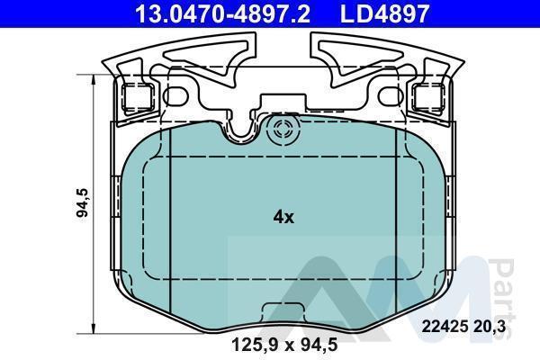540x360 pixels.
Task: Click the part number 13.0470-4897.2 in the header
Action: [x=223, y=13]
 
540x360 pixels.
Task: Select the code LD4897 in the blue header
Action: [x=384, y=13]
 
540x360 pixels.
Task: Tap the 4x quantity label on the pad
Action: [x=283, y=217]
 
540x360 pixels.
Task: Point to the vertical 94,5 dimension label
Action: [x=83, y=202]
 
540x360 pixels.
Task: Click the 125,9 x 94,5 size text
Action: [x=284, y=345]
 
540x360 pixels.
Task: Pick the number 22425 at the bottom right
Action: [x=445, y=326]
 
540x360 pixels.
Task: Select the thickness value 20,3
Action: [x=490, y=326]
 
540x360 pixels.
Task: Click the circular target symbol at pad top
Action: [x=283, y=130]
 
